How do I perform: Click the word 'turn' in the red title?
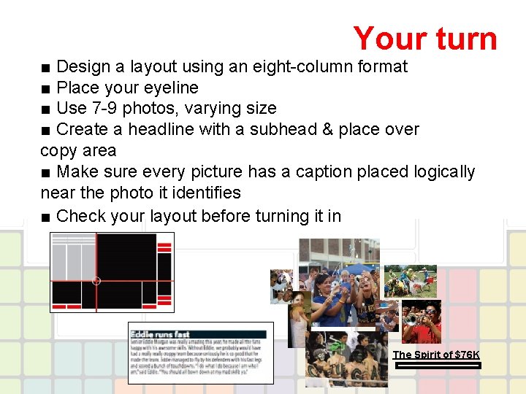(x=463, y=38)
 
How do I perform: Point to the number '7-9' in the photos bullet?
(x=105, y=109)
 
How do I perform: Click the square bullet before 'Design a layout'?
(x=46, y=67)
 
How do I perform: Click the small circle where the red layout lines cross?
(x=96, y=280)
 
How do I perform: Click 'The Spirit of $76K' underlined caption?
(x=436, y=355)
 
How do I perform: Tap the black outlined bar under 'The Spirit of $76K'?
(x=436, y=365)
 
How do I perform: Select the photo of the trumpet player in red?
(x=422, y=321)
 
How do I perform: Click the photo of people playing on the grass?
(x=410, y=280)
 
